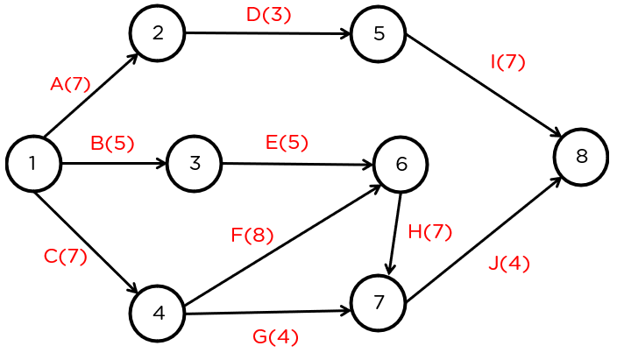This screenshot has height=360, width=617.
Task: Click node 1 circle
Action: (x=33, y=164)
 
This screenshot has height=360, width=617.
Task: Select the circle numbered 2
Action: (x=158, y=33)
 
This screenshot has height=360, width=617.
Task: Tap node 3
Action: (x=194, y=163)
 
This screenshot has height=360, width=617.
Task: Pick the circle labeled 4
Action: (x=158, y=313)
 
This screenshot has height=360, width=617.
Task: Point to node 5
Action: (x=378, y=34)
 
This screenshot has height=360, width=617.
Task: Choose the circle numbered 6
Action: (x=401, y=164)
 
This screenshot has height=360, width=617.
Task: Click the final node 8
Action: (x=581, y=157)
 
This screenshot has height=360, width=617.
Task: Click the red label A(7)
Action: (x=71, y=84)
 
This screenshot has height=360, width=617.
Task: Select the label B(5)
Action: (x=112, y=144)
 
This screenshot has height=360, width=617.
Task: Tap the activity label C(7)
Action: (x=66, y=257)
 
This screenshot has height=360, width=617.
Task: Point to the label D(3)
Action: (x=268, y=15)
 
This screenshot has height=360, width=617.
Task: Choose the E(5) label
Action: (x=287, y=143)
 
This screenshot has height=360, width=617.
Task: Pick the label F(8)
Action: (x=252, y=235)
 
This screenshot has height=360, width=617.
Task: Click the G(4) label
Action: (x=275, y=336)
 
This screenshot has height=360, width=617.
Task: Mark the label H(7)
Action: (x=429, y=232)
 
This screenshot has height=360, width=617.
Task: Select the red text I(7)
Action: (x=507, y=62)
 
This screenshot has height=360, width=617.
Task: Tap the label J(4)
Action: (x=508, y=263)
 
